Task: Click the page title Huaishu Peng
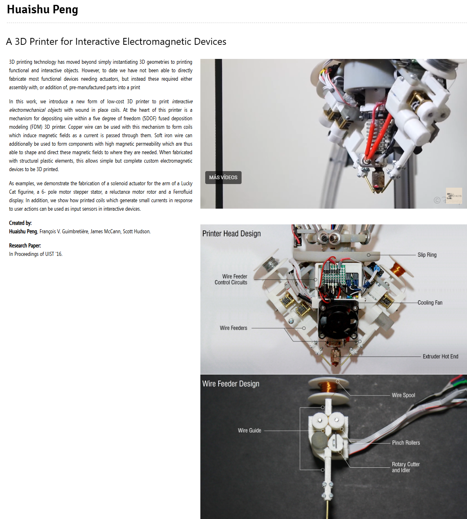(42, 10)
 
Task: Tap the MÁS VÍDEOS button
(223, 178)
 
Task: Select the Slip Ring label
(427, 255)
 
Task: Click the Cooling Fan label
(430, 302)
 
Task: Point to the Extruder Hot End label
(440, 356)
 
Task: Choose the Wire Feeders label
(234, 328)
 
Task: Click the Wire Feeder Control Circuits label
(231, 279)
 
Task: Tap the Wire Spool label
(403, 395)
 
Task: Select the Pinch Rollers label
(406, 443)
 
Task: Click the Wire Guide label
(249, 431)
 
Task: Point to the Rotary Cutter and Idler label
(406, 467)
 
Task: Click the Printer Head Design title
(231, 234)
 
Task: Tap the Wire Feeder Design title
(231, 384)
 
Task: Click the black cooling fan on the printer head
(338, 320)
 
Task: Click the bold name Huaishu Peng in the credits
(23, 231)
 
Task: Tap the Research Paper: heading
(25, 245)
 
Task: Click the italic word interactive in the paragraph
(182, 101)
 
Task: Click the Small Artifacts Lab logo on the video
(454, 196)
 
